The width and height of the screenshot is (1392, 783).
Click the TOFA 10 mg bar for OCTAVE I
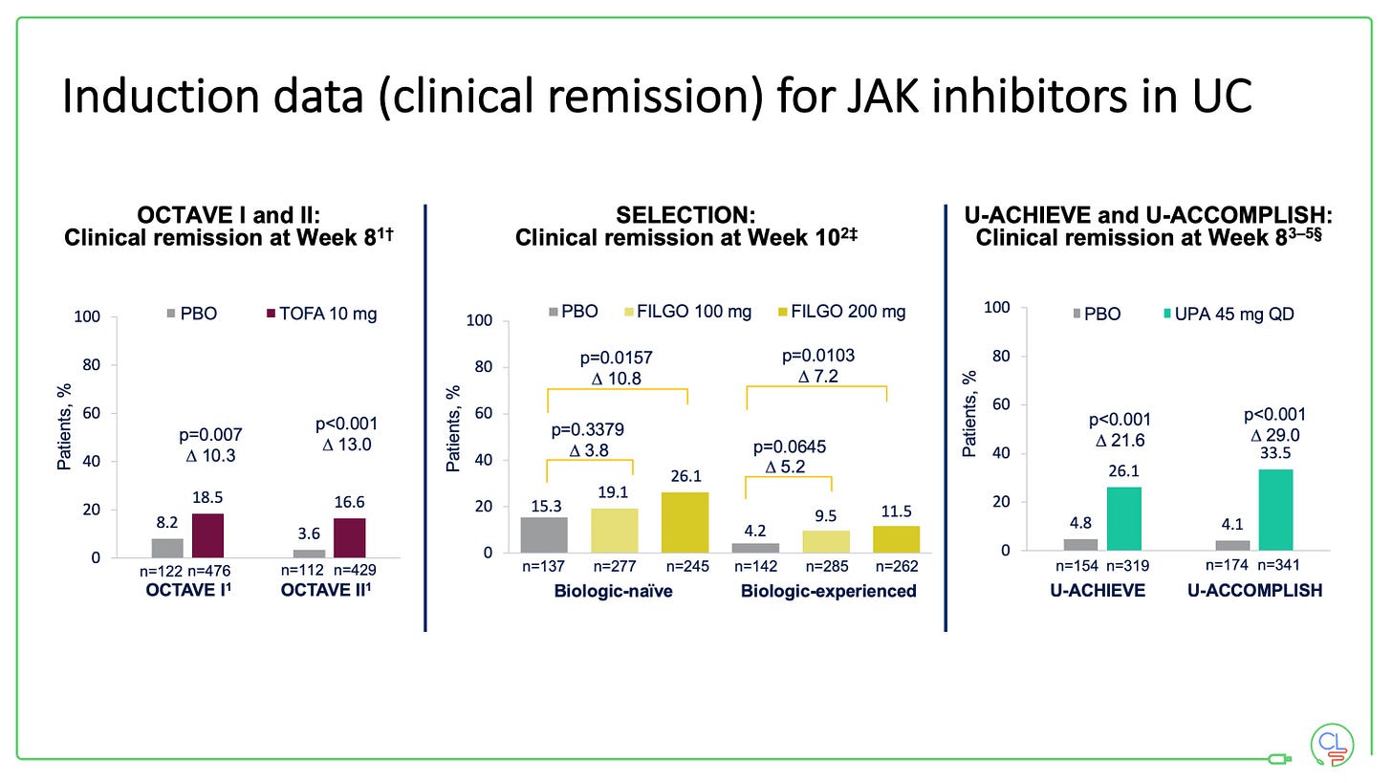[207, 535]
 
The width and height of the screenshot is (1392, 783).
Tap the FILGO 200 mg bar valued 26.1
[685, 522]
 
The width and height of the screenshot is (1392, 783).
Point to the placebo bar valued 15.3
[544, 534]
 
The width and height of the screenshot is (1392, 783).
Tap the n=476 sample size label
[208, 572]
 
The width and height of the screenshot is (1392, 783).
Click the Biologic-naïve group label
[613, 591]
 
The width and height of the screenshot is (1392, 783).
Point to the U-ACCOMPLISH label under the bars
[1254, 591]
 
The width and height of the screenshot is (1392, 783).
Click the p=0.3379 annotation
[589, 430]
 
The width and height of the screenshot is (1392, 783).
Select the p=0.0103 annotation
[817, 357]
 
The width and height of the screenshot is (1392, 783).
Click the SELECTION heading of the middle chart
[685, 215]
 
